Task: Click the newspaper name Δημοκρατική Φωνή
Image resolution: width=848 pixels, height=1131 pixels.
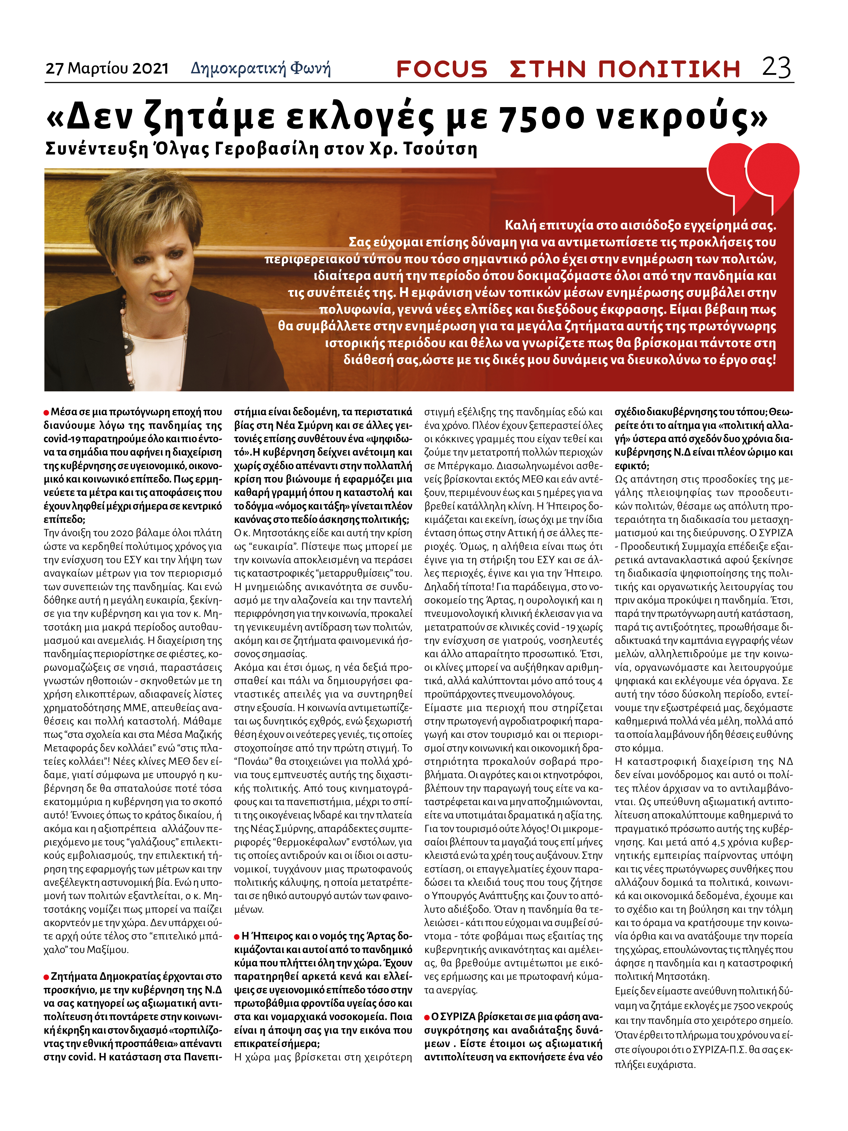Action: tap(261, 68)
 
